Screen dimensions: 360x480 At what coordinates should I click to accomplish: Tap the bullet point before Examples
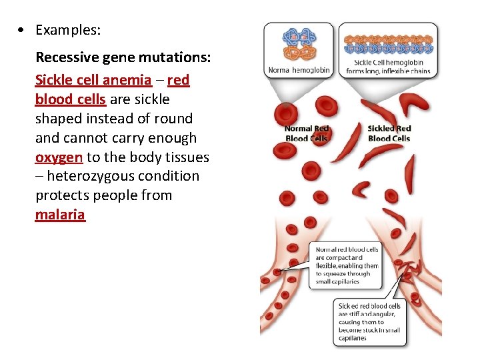(x=23, y=30)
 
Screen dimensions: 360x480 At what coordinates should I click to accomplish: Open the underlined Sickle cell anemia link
(x=93, y=80)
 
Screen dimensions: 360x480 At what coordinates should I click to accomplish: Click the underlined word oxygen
(x=59, y=157)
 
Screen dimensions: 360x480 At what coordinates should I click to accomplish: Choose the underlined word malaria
(x=60, y=215)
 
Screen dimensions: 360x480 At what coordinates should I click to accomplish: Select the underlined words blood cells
(x=70, y=99)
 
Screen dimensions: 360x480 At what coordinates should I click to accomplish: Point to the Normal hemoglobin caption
(x=299, y=70)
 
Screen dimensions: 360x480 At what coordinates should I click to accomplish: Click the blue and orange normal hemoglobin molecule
(x=299, y=43)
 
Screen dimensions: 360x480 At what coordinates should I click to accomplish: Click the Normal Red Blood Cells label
(x=307, y=133)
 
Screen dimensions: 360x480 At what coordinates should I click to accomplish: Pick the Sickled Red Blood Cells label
(x=389, y=133)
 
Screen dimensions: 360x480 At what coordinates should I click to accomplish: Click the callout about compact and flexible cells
(x=347, y=265)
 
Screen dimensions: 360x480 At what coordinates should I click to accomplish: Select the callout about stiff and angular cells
(x=369, y=322)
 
